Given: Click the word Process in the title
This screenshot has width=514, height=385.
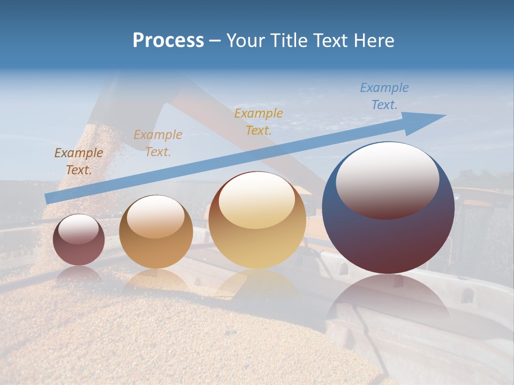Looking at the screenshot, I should (x=168, y=41).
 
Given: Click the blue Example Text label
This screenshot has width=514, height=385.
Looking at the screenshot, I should (x=384, y=96).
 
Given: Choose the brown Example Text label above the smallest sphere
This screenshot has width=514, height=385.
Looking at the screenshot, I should (x=79, y=161).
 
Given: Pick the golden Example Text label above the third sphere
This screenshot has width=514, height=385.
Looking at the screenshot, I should (x=259, y=121).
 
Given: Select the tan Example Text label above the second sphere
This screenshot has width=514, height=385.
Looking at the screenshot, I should (x=158, y=143).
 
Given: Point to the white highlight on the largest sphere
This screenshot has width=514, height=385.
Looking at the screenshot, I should (x=388, y=179).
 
